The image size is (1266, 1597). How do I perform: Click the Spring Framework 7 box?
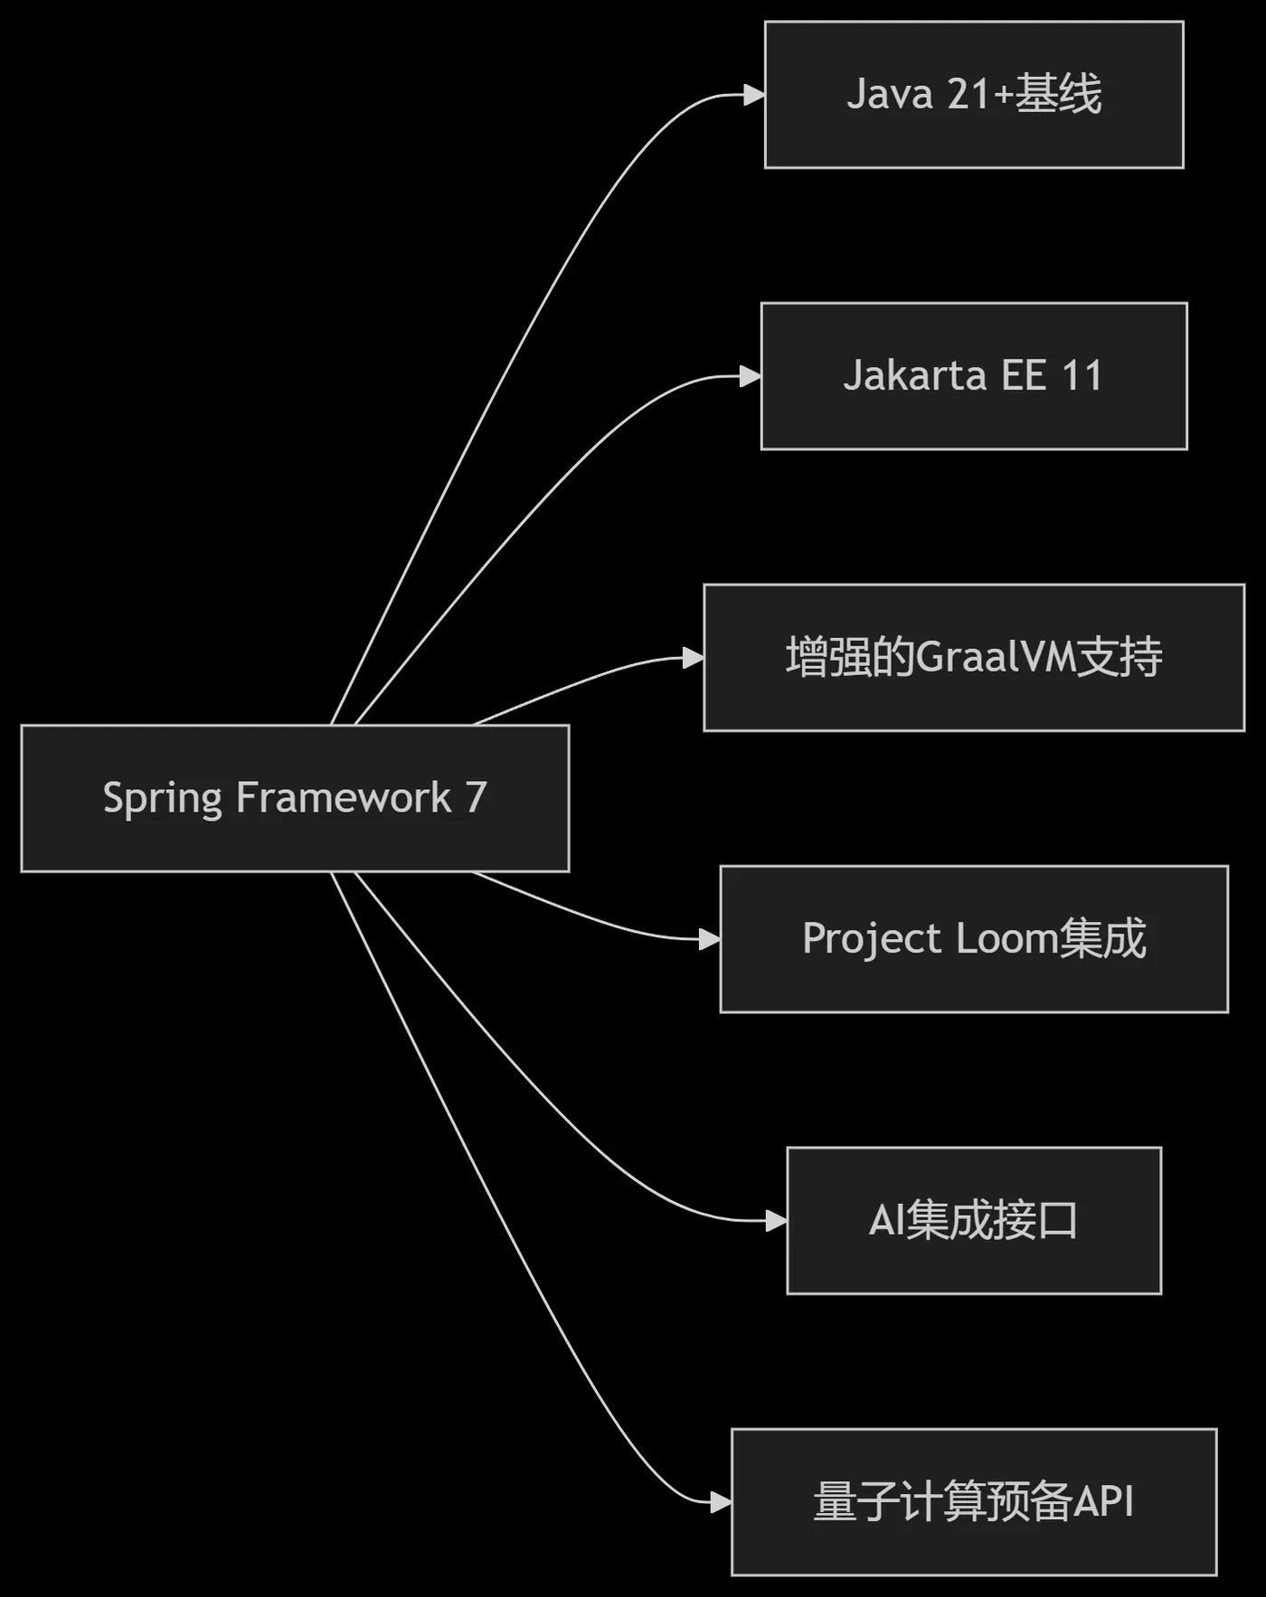[295, 798]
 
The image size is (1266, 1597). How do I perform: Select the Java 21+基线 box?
[974, 95]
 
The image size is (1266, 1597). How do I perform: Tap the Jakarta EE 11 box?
[974, 376]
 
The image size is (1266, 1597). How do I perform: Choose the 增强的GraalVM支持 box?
[974, 657]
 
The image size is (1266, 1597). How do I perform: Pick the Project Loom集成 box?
[974, 939]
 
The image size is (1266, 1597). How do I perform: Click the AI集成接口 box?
[974, 1221]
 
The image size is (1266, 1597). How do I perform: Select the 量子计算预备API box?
[974, 1502]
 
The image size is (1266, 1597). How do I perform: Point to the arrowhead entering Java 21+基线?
[754, 95]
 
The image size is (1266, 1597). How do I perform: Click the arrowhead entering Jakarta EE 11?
[751, 376]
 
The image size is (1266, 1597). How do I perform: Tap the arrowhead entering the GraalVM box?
[693, 657]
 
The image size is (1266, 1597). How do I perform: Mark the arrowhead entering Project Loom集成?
[709, 939]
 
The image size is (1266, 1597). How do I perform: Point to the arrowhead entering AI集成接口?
[776, 1221]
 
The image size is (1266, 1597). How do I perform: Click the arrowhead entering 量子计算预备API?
[720, 1502]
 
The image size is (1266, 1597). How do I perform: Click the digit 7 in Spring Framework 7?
[477, 798]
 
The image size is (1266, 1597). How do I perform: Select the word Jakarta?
[914, 376]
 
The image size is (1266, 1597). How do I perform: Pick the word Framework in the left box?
[344, 798]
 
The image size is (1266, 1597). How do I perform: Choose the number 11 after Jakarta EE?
[1082, 376]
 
